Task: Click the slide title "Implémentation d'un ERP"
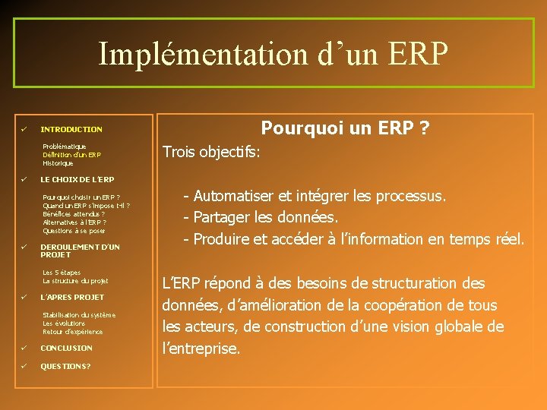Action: point(273,54)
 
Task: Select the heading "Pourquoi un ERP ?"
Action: point(345,129)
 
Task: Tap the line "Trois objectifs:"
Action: point(212,152)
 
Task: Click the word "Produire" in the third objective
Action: point(221,240)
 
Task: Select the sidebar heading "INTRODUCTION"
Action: point(71,130)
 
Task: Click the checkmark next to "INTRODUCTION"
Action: point(24,129)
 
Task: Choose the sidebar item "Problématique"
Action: point(65,147)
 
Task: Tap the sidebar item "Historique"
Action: point(58,163)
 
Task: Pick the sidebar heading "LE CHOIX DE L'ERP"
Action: point(77,180)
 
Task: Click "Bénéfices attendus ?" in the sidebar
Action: point(74,214)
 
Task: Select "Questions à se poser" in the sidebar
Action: point(74,231)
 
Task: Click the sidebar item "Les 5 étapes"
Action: point(62,273)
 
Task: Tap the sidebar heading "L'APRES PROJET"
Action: point(72,297)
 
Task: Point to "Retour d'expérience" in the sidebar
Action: point(73,332)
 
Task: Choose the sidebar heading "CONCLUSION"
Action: point(66,348)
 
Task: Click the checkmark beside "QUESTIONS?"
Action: point(24,366)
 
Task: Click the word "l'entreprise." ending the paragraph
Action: point(202,349)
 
